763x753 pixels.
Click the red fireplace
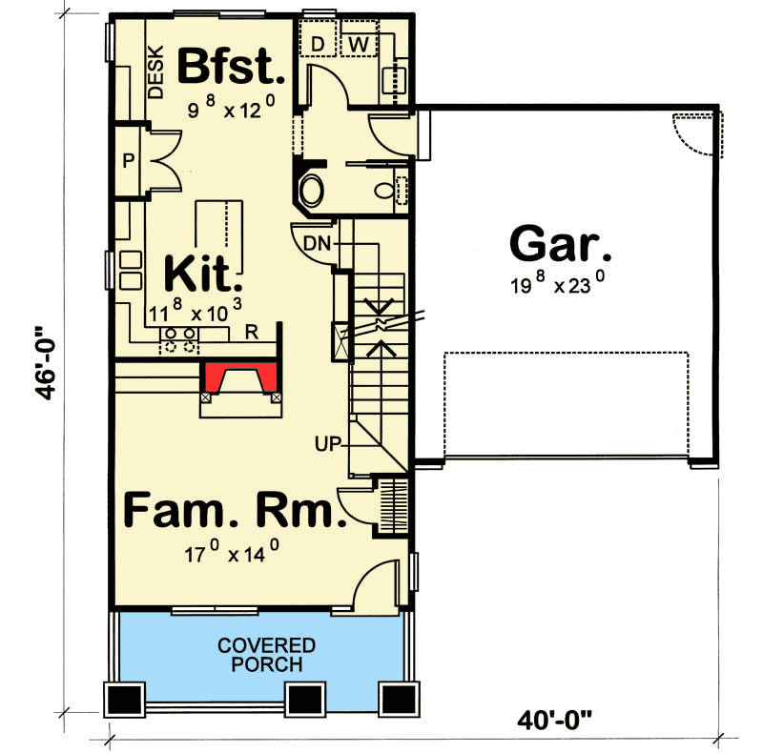click(x=239, y=376)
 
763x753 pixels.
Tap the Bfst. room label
click(x=231, y=68)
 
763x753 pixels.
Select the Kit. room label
click(x=203, y=274)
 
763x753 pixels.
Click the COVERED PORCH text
click(x=266, y=655)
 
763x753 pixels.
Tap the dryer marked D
click(x=318, y=43)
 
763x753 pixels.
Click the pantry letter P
click(x=127, y=161)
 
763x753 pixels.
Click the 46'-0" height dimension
click(x=48, y=376)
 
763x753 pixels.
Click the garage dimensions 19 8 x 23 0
click(x=558, y=284)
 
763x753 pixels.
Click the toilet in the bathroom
click(x=385, y=191)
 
